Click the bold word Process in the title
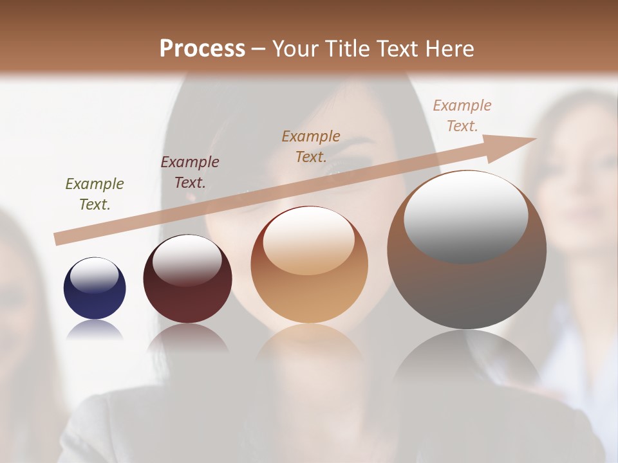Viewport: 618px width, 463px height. [202, 49]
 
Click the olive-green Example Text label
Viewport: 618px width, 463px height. [95, 194]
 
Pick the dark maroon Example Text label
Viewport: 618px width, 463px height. [190, 172]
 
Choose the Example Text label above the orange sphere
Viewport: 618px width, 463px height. [311, 146]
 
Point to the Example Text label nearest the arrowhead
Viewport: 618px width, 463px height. [462, 116]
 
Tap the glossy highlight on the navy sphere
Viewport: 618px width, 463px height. [94, 275]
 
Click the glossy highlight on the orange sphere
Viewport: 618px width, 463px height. [308, 240]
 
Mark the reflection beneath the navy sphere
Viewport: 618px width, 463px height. [95, 331]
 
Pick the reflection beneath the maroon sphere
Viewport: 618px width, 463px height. [187, 338]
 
